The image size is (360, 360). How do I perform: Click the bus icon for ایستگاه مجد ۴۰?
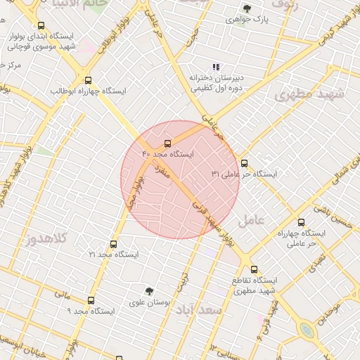point(167,143)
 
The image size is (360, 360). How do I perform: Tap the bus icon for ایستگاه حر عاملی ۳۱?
point(244,163)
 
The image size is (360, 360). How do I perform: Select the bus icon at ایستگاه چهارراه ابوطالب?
point(88,81)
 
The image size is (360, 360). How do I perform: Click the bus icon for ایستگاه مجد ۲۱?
point(113,244)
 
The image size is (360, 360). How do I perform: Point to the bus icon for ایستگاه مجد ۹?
point(91,300)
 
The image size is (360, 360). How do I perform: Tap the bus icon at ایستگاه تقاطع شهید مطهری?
point(254,269)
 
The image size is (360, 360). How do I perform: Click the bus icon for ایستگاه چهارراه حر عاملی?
point(301,222)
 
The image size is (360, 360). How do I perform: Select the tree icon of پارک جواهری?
point(247,8)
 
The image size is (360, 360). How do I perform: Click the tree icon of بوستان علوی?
point(149,290)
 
